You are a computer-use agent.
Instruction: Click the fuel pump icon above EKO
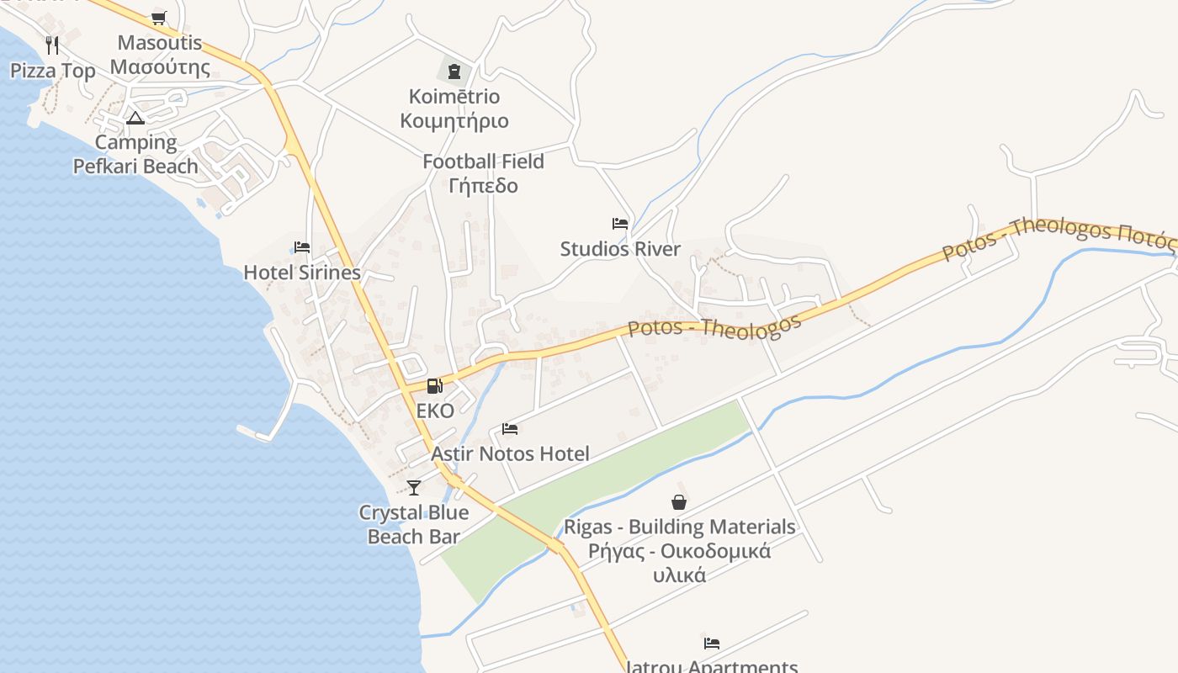[x=434, y=386]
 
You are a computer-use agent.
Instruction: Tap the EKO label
[x=435, y=411]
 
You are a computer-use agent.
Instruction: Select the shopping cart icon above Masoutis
[x=159, y=18]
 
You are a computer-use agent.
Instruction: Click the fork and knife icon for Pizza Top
[x=52, y=45]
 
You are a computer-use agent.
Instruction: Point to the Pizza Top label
[x=53, y=71]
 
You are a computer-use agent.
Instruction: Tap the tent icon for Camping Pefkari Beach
[x=135, y=118]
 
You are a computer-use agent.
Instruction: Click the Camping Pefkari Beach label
[x=135, y=155]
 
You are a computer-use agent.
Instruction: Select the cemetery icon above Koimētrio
[x=454, y=71]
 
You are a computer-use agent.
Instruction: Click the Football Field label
[x=483, y=162]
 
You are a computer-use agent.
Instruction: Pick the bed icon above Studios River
[x=620, y=224]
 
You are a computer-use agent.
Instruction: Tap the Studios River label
[x=620, y=249]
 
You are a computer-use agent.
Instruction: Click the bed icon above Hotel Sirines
[x=302, y=247]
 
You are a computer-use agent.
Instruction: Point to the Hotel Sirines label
[x=302, y=273]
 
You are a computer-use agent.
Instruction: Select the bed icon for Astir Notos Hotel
[x=510, y=429]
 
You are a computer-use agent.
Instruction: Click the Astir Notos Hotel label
[x=510, y=454]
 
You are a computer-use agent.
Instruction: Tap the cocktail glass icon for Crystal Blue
[x=413, y=487]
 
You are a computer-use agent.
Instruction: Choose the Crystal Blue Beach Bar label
[x=413, y=525]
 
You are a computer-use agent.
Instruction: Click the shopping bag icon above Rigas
[x=679, y=502]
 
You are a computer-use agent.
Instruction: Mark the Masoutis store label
[x=160, y=55]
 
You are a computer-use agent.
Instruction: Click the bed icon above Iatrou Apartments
[x=712, y=644]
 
